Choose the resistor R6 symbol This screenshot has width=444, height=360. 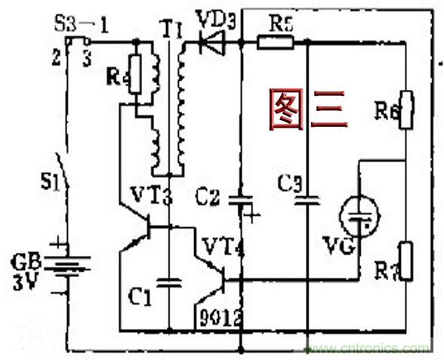406,109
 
